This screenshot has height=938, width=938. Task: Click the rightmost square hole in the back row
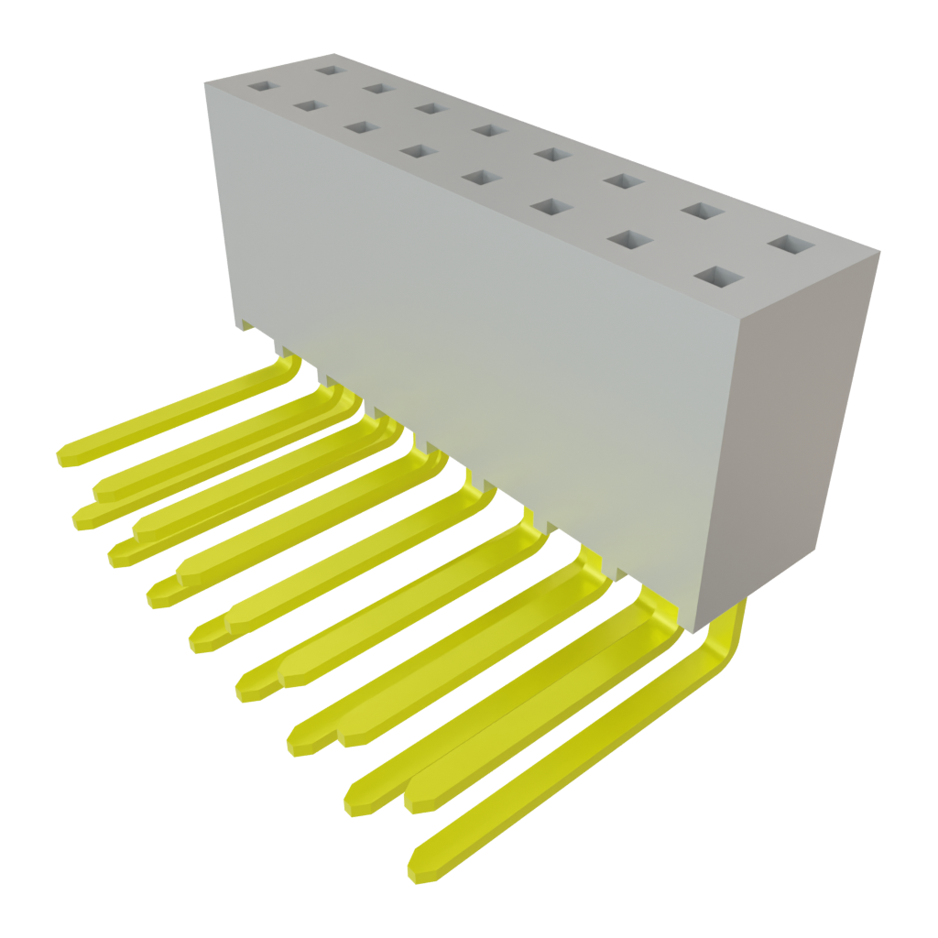(791, 245)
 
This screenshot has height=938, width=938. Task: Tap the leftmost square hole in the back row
(327, 68)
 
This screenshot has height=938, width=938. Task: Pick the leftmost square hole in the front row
(261, 86)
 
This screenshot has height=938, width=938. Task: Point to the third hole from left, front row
(360, 127)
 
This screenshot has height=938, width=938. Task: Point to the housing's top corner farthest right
(880, 252)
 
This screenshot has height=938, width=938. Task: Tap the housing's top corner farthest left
(204, 82)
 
